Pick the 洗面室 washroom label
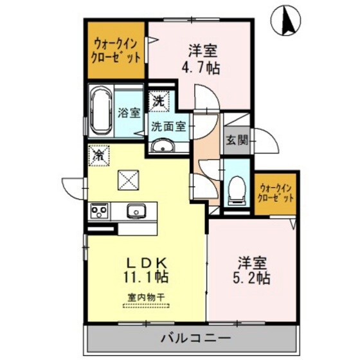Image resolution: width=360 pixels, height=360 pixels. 168,127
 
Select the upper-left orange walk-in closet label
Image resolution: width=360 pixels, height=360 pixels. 116,50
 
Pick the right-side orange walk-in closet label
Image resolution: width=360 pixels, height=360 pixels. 275,194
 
